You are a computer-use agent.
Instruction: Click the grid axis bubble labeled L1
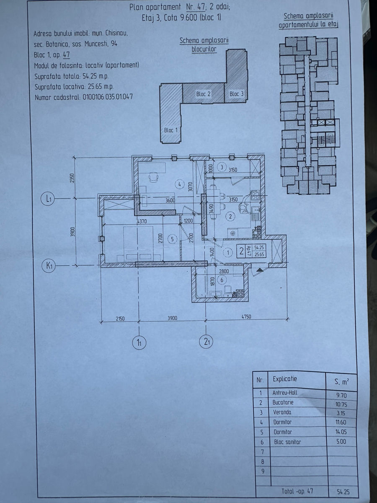coord(48,199)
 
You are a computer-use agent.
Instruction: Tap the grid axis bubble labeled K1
coord(49,266)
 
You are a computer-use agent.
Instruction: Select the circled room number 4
coord(180,184)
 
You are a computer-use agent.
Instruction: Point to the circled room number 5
coord(172,239)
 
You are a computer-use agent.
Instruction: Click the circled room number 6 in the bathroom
coord(222,280)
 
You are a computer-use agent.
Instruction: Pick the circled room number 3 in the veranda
coord(222,167)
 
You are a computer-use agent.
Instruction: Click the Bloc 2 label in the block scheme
coord(203,94)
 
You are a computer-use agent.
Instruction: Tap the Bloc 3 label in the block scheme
coord(236,94)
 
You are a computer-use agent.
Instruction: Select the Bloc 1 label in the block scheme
coord(171,130)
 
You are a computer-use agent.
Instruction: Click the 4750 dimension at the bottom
coord(246,317)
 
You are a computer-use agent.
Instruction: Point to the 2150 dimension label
coord(120,319)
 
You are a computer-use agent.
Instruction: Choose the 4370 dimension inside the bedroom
coord(142,222)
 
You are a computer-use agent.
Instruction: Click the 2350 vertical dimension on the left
coord(72,178)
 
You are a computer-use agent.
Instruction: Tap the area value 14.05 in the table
coord(341,432)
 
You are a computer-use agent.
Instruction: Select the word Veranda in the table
coord(282,412)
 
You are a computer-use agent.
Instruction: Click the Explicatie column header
coord(285,379)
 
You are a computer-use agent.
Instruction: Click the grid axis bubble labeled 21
coord(207,342)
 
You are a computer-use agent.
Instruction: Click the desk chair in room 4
coord(153,177)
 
